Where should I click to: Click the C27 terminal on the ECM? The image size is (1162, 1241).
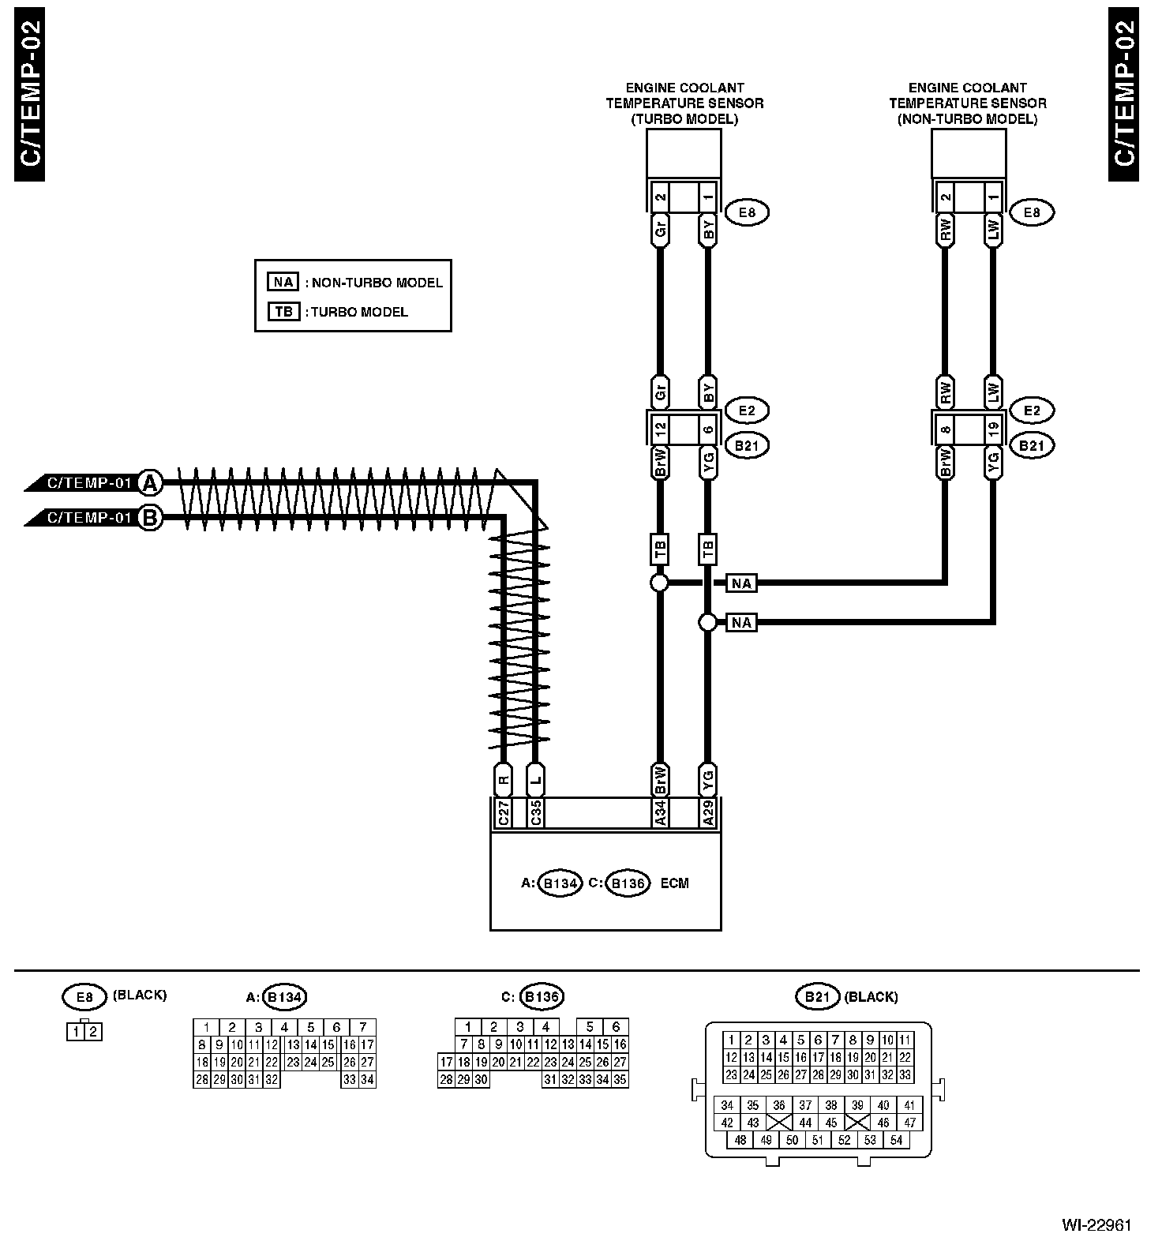tap(504, 812)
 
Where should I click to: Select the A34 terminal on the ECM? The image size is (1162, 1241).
tap(661, 812)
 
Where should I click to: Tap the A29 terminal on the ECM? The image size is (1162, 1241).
tap(708, 812)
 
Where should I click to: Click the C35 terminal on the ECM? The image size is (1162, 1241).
tap(536, 812)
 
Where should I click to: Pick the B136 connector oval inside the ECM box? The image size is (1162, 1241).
tap(628, 883)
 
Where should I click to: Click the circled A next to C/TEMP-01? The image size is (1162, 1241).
tap(150, 482)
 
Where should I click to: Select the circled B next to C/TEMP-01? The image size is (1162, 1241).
tap(150, 518)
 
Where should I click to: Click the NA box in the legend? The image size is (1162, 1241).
tap(283, 282)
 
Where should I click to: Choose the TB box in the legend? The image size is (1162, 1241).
tap(283, 312)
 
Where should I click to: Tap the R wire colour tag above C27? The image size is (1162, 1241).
tap(504, 781)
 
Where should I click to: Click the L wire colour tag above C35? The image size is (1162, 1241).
tap(536, 781)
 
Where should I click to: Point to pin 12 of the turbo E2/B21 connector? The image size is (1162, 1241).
tap(661, 429)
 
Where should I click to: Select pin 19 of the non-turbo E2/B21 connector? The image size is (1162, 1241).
tap(993, 429)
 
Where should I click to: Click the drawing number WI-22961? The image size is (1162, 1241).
tap(1096, 1225)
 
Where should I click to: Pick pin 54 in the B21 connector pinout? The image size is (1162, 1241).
tap(896, 1140)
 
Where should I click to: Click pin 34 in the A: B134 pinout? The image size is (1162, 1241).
tap(367, 1080)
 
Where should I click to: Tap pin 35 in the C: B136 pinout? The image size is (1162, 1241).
tap(620, 1080)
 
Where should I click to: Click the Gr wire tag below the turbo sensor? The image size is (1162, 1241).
tap(661, 230)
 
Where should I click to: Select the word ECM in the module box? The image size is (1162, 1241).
tap(674, 883)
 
